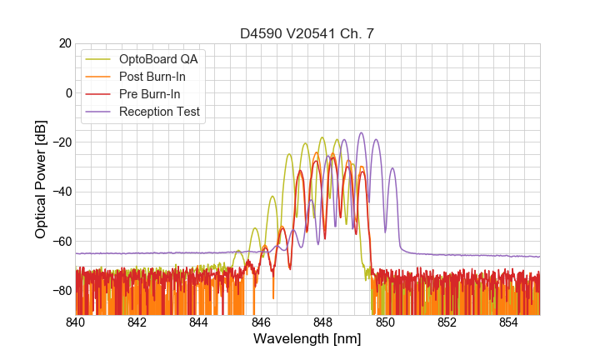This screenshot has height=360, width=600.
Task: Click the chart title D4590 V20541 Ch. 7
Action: tap(307, 33)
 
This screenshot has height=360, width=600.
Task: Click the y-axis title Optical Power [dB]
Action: tap(41, 179)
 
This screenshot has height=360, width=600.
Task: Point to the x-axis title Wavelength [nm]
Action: tap(307, 339)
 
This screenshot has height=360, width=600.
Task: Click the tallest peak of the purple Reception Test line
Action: tap(361, 132)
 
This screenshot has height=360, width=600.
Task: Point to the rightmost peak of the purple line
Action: tap(392, 168)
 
